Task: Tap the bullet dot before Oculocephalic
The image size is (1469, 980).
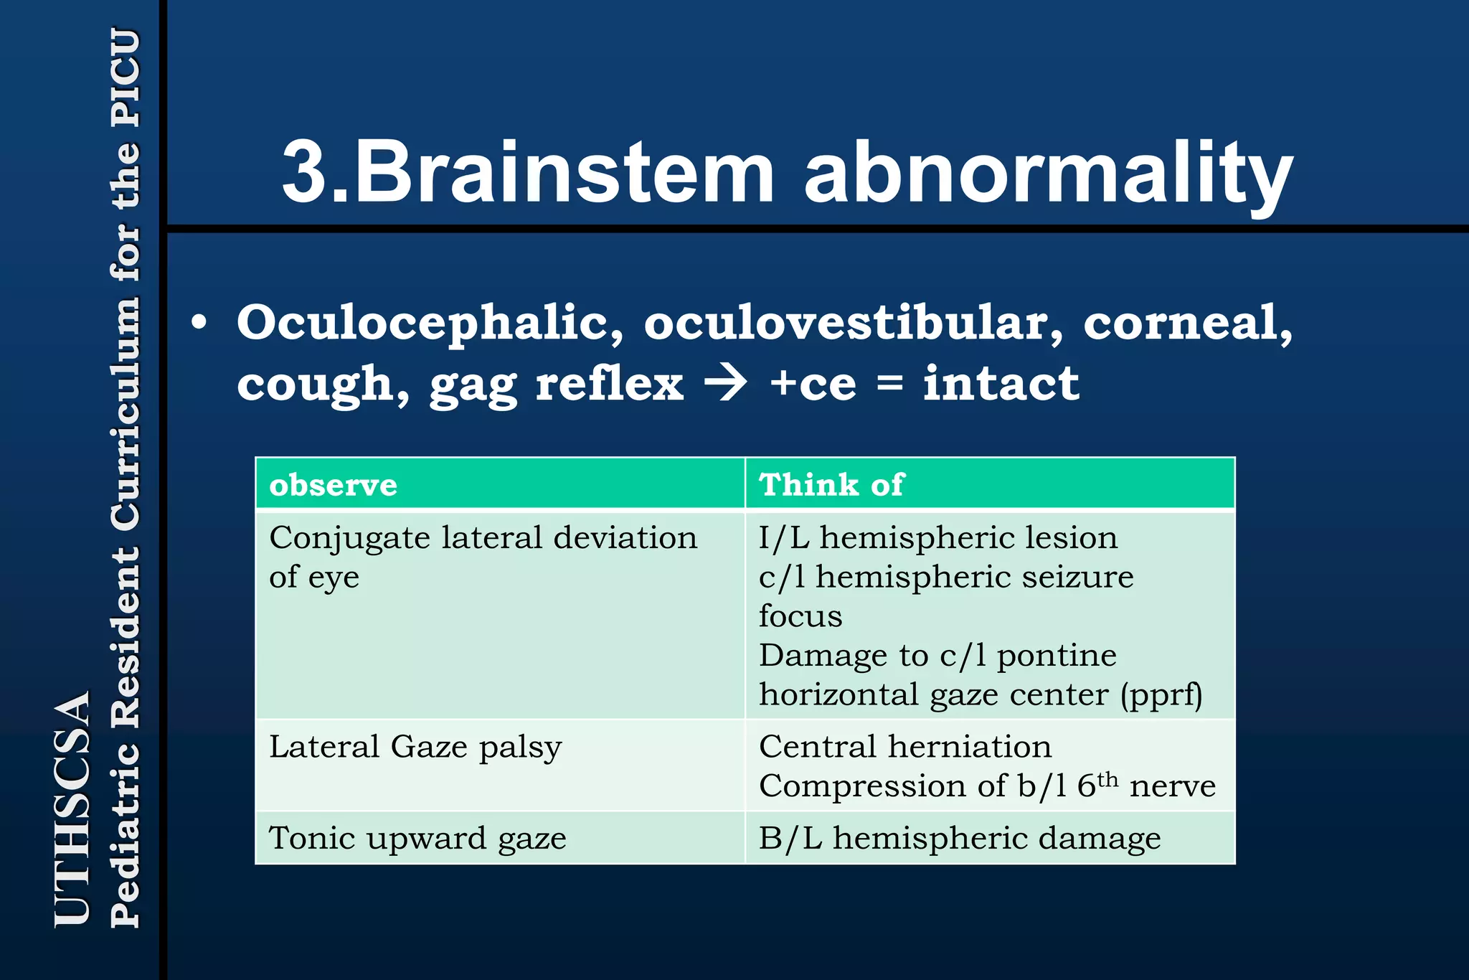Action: tap(199, 323)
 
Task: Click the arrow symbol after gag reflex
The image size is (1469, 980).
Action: tap(725, 383)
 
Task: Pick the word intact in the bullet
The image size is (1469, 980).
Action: tap(1001, 383)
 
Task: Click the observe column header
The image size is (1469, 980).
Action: tap(333, 485)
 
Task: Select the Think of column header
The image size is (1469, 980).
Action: tap(831, 485)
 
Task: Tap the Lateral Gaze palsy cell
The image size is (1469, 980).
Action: tap(415, 748)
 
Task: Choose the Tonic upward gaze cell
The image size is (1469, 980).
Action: tap(417, 838)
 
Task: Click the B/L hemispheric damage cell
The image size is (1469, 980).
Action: tap(959, 838)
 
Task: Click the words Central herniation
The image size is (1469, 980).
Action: tap(905, 747)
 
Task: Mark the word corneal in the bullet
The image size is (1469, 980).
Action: tap(1188, 323)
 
